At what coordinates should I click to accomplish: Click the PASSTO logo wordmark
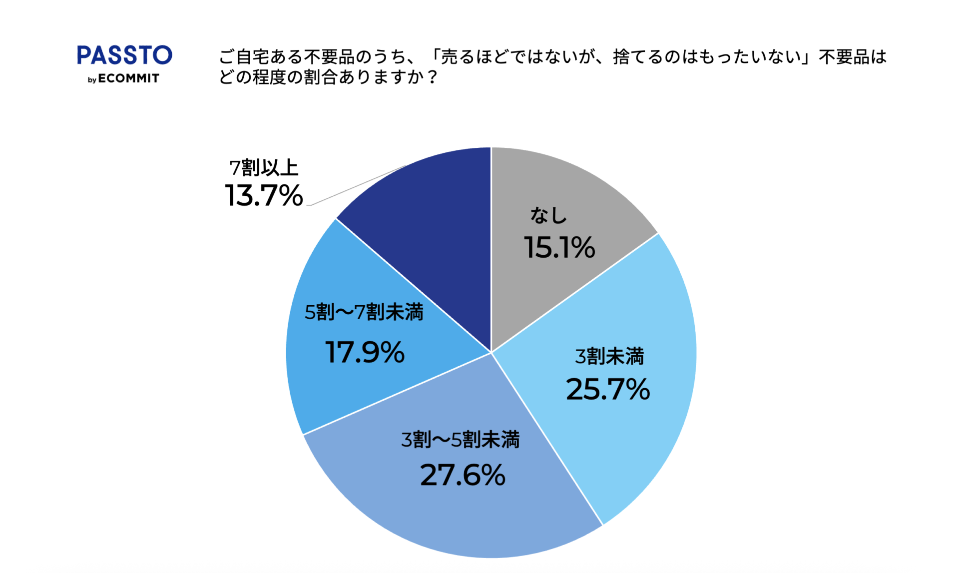124,55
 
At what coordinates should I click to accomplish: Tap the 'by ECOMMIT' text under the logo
123,79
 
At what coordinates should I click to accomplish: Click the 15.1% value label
559,247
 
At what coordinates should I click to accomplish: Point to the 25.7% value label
608,389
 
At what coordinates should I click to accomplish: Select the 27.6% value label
463,475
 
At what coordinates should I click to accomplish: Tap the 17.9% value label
365,352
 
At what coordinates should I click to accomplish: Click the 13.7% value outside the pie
264,195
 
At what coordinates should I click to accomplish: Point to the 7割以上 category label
264,168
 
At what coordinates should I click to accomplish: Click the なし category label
548,215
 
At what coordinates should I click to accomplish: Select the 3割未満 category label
609,357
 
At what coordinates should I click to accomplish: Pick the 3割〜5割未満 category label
460,440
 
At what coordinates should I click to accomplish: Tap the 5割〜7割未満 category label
364,312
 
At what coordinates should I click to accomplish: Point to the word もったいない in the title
755,57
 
